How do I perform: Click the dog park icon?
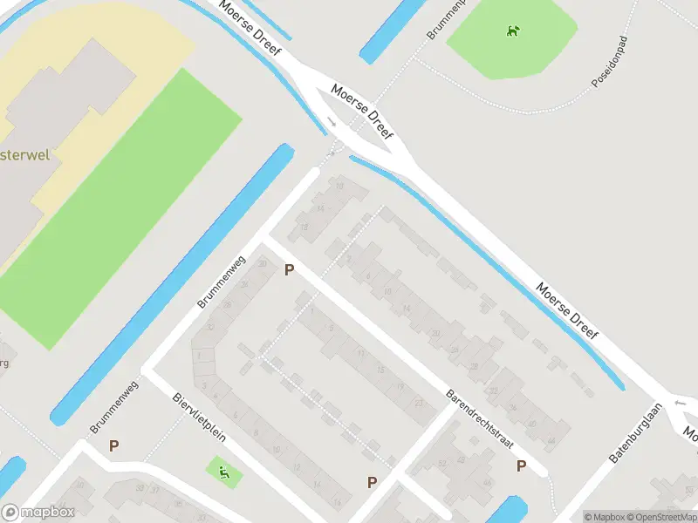tap(514, 32)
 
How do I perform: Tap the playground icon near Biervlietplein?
tap(224, 472)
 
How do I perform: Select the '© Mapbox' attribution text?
tap(606, 516)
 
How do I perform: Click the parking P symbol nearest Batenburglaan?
tap(521, 465)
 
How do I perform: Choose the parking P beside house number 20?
tap(289, 271)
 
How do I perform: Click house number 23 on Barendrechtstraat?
tap(420, 402)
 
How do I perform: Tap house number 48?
tap(486, 482)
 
